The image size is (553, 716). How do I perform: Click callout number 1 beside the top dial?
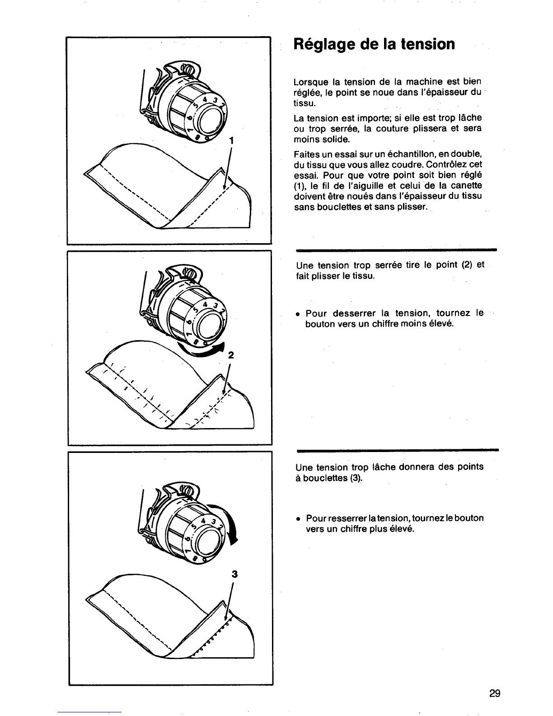(231, 141)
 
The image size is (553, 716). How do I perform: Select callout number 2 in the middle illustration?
(231, 355)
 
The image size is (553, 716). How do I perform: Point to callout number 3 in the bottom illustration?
(234, 574)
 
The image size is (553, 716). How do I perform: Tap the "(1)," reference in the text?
(301, 186)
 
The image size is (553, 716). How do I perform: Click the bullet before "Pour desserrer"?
(298, 313)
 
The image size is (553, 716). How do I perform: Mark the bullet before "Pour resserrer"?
(298, 518)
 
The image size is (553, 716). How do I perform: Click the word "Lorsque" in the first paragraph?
(310, 82)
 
